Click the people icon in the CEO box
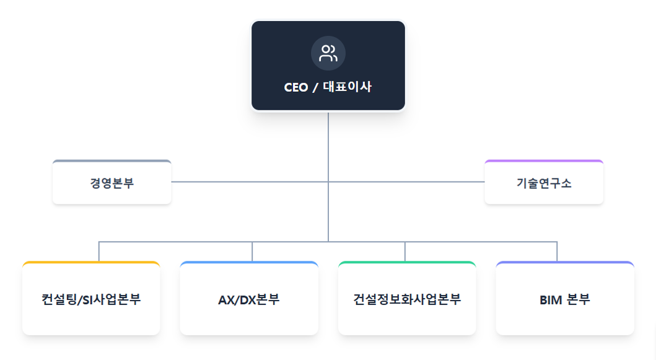pyautogui.click(x=328, y=53)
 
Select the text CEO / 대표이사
pyautogui.click(x=328, y=87)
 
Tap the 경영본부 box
pyautogui.click(x=112, y=183)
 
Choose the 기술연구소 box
pyautogui.click(x=544, y=183)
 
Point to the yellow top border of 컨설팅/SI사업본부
pyautogui.click(x=91, y=263)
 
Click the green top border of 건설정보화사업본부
pyautogui.click(x=407, y=263)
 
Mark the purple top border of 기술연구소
pyautogui.click(x=544, y=161)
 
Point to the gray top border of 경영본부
pyautogui.click(x=112, y=161)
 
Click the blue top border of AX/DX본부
pyautogui.click(x=249, y=263)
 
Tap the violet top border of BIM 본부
pyautogui.click(x=565, y=263)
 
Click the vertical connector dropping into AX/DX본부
pyautogui.click(x=252, y=251)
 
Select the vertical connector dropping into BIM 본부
pyautogui.click(x=557, y=251)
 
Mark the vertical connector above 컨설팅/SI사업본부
pyautogui.click(x=99, y=251)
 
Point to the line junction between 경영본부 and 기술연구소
pyautogui.click(x=328, y=182)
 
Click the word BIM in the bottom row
pyautogui.click(x=551, y=300)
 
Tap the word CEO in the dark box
pyautogui.click(x=295, y=87)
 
